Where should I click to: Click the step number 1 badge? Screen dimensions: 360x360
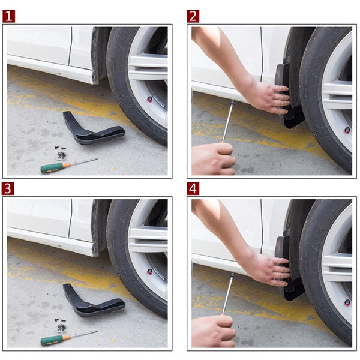click(x=8, y=16)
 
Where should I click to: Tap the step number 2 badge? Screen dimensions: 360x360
click(x=193, y=16)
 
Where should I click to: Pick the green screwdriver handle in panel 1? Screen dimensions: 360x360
click(x=52, y=168)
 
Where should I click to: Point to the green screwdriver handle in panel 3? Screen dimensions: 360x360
click(x=52, y=340)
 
